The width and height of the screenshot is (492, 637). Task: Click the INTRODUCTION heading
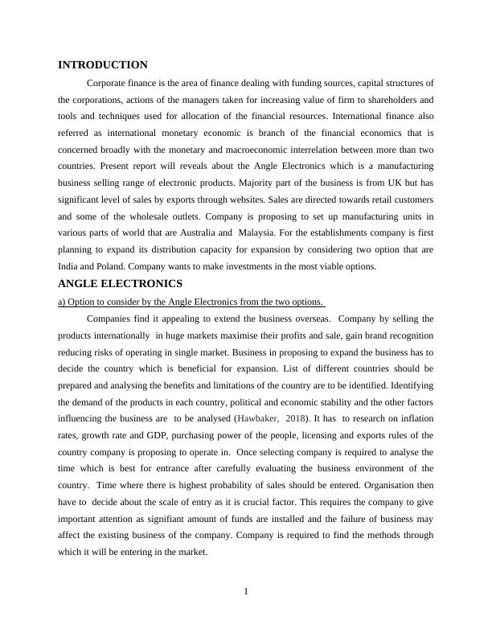103,65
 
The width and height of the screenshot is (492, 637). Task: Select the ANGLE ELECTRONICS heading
121,284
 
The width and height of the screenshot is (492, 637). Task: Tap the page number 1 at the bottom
246,592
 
